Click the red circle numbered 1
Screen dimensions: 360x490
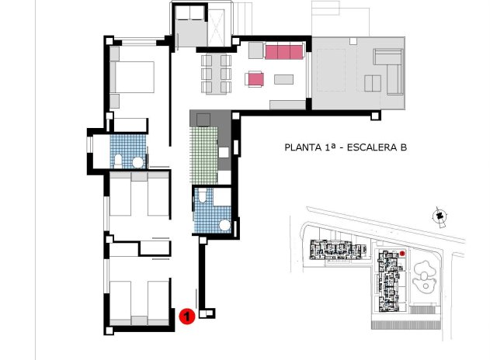[x=186, y=316]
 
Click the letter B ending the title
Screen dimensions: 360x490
[x=403, y=147]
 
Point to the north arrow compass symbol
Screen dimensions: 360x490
[x=439, y=215]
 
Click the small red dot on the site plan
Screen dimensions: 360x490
[x=404, y=253]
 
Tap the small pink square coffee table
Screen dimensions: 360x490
[x=255, y=78]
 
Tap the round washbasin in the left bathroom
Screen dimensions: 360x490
[x=137, y=161]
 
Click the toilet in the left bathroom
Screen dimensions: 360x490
[x=116, y=161]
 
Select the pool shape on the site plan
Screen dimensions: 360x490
[x=426, y=276]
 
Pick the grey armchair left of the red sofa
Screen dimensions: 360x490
[x=255, y=53]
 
